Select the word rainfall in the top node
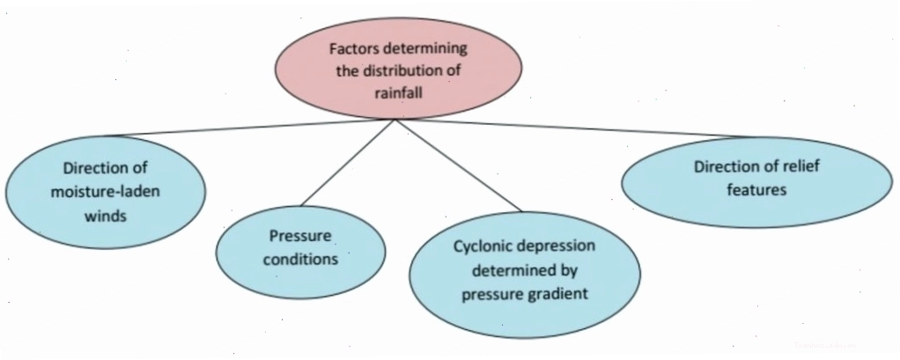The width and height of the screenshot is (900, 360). coord(397,92)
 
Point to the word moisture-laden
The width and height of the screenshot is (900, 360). coord(105,192)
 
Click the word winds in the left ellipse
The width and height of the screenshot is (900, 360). coord(106,217)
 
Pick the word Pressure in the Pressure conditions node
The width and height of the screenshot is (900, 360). coord(301,236)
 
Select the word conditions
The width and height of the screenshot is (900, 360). coord(300,259)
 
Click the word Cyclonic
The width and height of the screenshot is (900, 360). coord(481,246)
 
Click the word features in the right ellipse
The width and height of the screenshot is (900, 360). coord(756,190)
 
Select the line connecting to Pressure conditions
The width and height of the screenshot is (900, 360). coord(348,163)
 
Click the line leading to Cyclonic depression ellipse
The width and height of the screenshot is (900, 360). coord(458,165)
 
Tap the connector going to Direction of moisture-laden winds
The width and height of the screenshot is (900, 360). coord(250,128)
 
